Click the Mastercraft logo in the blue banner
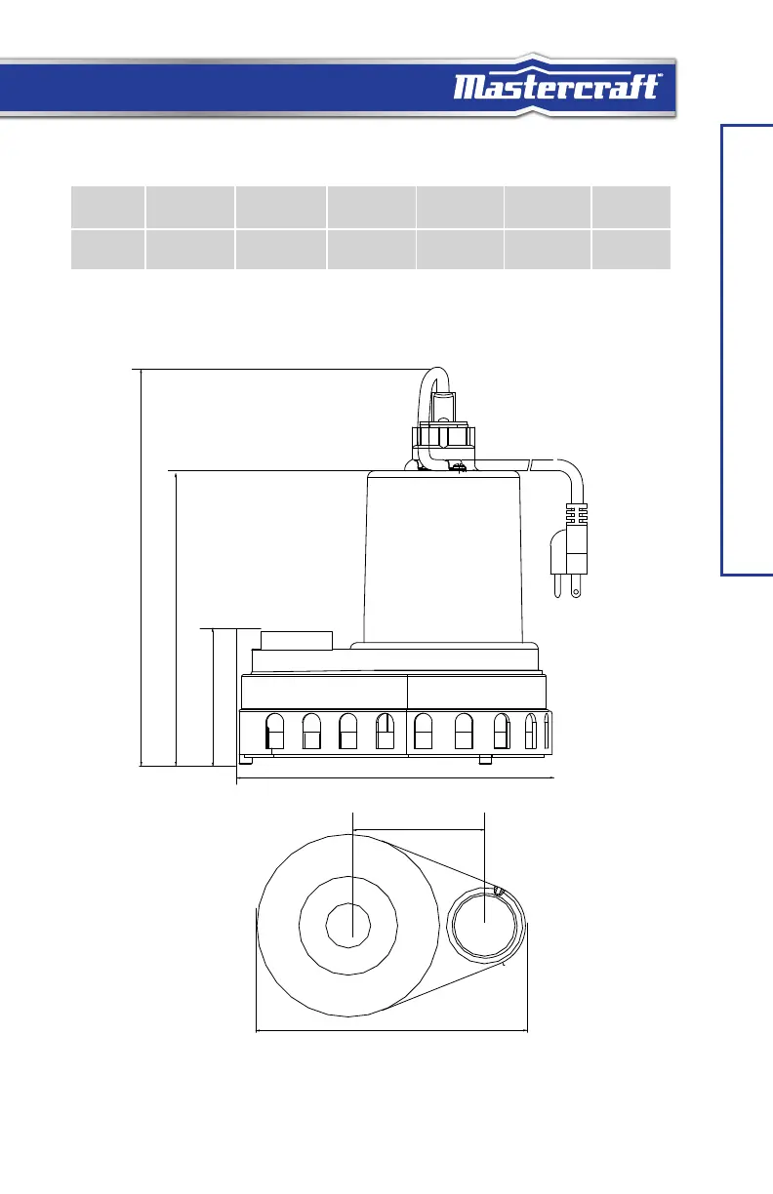click(557, 87)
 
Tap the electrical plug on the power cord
click(569, 549)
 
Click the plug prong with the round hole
click(576, 586)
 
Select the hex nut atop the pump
click(443, 436)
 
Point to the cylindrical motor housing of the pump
click(443, 557)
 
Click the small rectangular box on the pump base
click(297, 640)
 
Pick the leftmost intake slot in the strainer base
click(274, 732)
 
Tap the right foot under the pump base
click(485, 760)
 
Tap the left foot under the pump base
click(246, 760)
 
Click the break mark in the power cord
click(530, 464)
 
